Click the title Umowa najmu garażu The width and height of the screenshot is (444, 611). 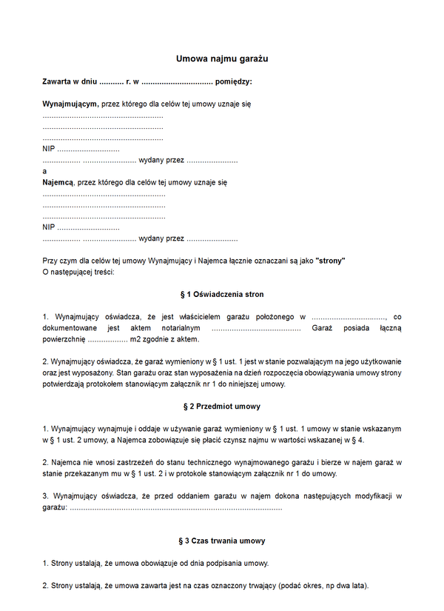222,58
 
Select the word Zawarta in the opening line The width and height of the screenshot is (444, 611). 58,81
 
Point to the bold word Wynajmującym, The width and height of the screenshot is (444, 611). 70,104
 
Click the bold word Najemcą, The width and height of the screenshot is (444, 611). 58,181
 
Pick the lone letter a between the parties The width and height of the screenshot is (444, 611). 45,171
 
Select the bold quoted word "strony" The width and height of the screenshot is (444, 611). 330,261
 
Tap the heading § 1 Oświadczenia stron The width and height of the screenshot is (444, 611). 222,295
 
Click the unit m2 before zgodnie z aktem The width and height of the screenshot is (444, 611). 135,339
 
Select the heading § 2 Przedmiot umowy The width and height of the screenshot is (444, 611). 222,407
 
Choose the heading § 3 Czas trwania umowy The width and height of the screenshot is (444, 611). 222,541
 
